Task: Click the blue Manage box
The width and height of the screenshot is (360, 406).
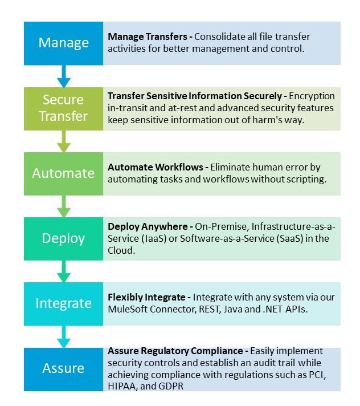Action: point(63,43)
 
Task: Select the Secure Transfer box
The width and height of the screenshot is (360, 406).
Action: point(63,109)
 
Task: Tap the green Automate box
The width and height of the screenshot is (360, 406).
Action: point(63,174)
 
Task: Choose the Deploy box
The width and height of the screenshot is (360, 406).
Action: point(63,239)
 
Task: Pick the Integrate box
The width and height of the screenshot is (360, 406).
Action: point(63,304)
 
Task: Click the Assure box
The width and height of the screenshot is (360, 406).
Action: point(63,370)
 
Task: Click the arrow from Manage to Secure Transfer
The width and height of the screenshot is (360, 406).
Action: point(64,76)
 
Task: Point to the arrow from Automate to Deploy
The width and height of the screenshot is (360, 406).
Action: point(64,206)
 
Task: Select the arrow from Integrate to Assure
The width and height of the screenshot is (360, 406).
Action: point(64,336)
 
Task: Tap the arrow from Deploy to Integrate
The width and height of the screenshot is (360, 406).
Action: point(64,271)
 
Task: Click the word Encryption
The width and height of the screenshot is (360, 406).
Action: point(312,96)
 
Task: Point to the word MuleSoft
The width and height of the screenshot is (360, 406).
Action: point(126,309)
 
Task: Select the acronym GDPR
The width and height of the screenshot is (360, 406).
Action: point(171,386)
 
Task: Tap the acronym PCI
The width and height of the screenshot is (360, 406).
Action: point(317,375)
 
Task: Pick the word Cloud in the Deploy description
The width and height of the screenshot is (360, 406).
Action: point(121,250)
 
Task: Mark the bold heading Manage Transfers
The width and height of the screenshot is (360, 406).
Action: point(148,36)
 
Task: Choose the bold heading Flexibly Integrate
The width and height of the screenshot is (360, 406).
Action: point(146,297)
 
